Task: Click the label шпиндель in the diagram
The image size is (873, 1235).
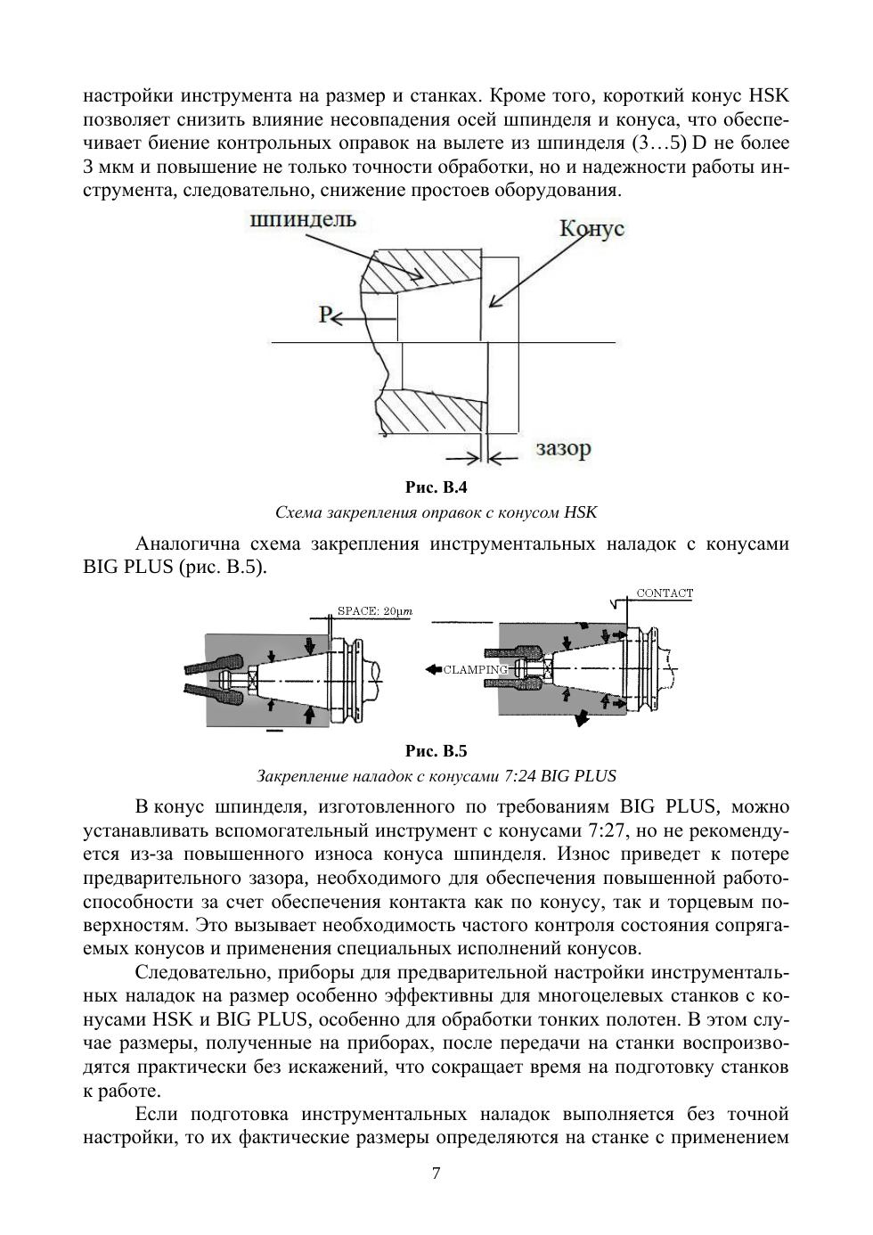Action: [x=304, y=220]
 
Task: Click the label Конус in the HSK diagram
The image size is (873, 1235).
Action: [x=591, y=228]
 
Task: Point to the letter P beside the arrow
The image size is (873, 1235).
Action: [x=326, y=314]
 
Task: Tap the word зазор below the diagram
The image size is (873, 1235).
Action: [x=563, y=448]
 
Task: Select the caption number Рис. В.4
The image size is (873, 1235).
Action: [x=436, y=487]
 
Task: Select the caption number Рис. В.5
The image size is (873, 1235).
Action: [x=436, y=750]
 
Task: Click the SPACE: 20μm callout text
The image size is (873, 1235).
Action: [x=373, y=611]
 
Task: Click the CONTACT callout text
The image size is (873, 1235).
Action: [x=665, y=593]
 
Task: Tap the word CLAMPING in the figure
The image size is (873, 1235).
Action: [x=475, y=669]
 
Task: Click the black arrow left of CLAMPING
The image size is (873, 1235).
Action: [x=433, y=669]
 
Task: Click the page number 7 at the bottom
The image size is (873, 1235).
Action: [x=436, y=1173]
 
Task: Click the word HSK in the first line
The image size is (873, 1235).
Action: [x=769, y=96]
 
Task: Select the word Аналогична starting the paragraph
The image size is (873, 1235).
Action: [x=188, y=544]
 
